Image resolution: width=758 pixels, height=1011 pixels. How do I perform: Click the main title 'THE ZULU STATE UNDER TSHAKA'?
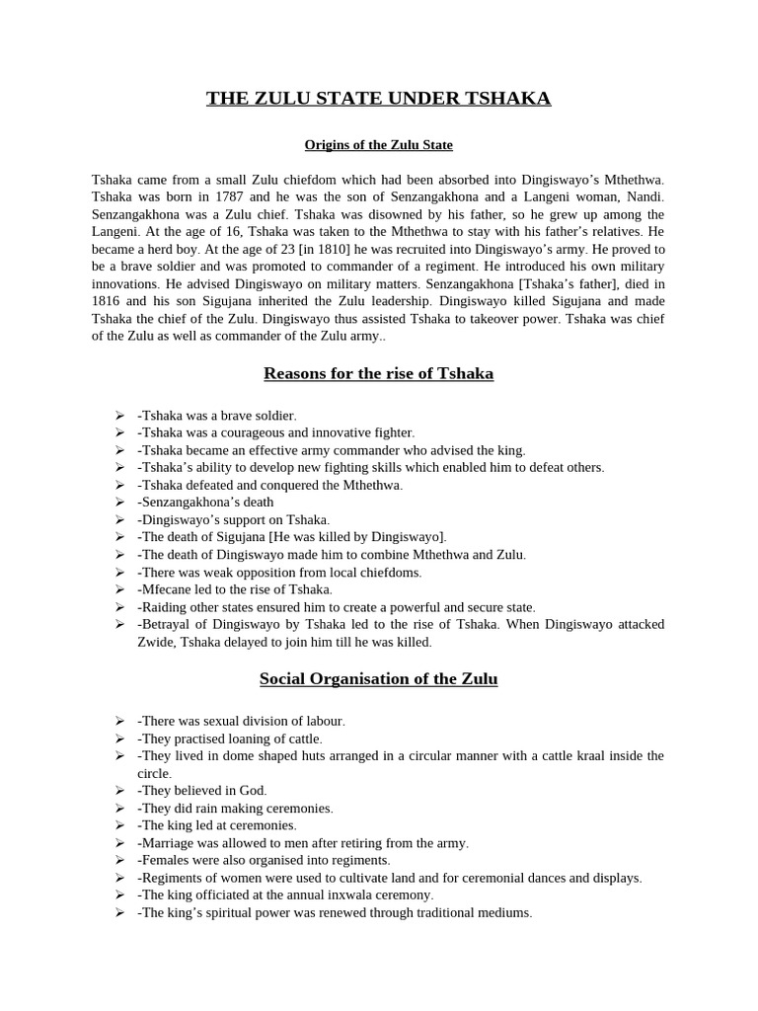pyautogui.click(x=378, y=98)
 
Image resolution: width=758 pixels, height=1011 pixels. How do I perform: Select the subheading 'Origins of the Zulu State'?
pyautogui.click(x=378, y=145)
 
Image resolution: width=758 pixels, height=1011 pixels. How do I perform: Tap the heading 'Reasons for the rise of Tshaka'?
pyautogui.click(x=378, y=373)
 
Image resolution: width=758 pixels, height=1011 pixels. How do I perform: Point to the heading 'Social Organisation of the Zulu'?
pyautogui.click(x=378, y=678)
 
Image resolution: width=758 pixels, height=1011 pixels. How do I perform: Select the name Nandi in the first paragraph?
pyautogui.click(x=645, y=196)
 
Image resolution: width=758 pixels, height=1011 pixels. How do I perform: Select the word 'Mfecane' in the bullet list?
pyautogui.click(x=166, y=589)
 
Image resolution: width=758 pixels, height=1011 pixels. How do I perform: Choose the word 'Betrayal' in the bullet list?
pyautogui.click(x=167, y=625)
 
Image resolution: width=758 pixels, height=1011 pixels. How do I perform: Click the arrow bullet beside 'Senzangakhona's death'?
pyautogui.click(x=118, y=502)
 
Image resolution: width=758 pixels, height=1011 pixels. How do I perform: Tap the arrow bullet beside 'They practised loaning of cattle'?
pyautogui.click(x=118, y=739)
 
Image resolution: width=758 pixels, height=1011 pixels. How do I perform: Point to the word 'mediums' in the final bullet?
pyautogui.click(x=505, y=913)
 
